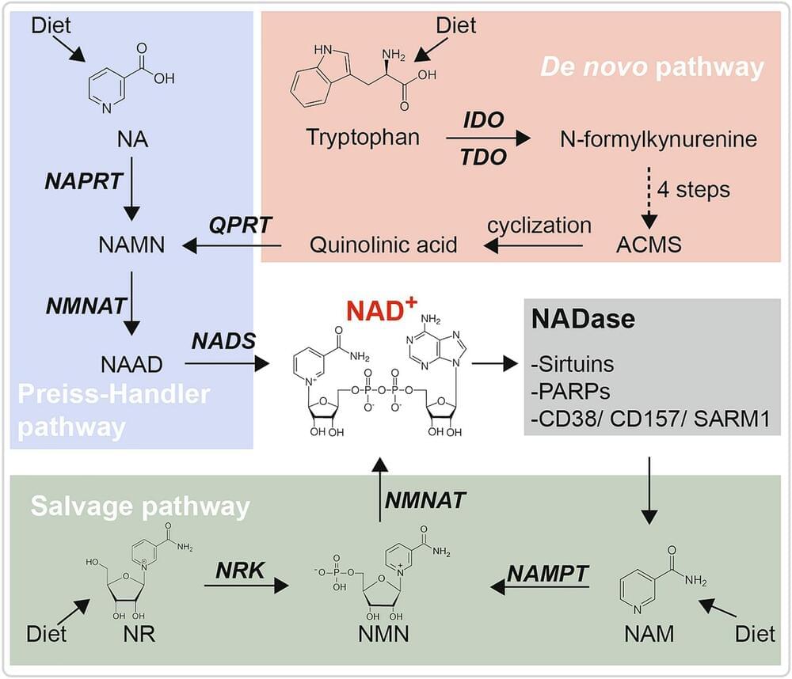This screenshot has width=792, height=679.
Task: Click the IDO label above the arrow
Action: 485,121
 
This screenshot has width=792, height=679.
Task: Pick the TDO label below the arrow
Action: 485,157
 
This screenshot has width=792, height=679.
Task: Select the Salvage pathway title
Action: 141,504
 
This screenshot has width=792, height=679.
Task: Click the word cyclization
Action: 539,225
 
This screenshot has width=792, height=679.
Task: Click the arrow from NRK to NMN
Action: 245,587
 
